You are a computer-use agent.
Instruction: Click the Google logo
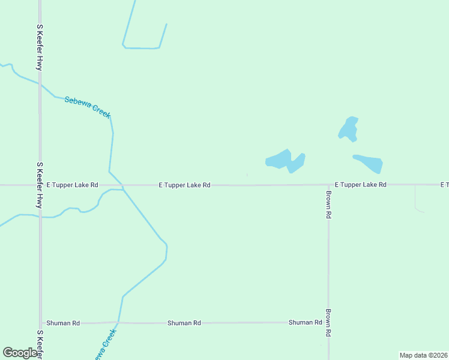coord(20,353)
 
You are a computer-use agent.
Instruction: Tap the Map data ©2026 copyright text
coord(423,355)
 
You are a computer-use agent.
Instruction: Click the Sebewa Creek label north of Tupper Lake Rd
coord(88,107)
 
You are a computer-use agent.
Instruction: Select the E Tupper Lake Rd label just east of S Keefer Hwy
coord(72,185)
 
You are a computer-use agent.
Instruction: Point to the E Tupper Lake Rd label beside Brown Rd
coord(360,185)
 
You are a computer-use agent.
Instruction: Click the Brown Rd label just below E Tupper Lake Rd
coord(329,205)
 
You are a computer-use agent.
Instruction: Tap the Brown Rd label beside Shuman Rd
coord(329,323)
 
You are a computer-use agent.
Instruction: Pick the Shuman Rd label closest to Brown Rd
coord(305,322)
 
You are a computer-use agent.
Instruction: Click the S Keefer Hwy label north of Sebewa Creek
coord(40,48)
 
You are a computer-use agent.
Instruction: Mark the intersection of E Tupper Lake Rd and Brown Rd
coord(328,185)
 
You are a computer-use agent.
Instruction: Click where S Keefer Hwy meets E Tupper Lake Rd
coord(40,185)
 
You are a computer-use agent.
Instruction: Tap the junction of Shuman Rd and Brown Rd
coord(328,322)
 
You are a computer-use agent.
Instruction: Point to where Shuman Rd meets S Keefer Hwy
coord(40,323)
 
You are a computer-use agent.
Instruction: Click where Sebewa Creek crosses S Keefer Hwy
coord(40,85)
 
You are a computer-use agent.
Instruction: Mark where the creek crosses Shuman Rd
coord(119,322)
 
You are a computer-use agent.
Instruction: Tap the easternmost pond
coord(370,163)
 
